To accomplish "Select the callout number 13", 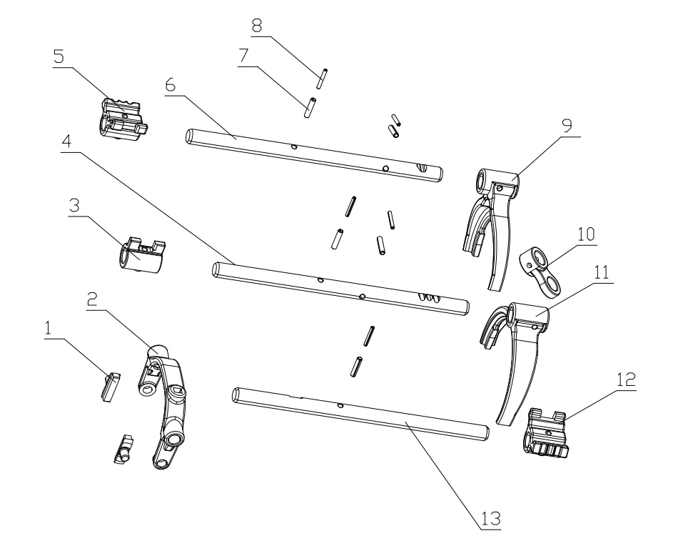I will tap(490, 517).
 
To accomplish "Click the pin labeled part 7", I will tap(309, 108).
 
